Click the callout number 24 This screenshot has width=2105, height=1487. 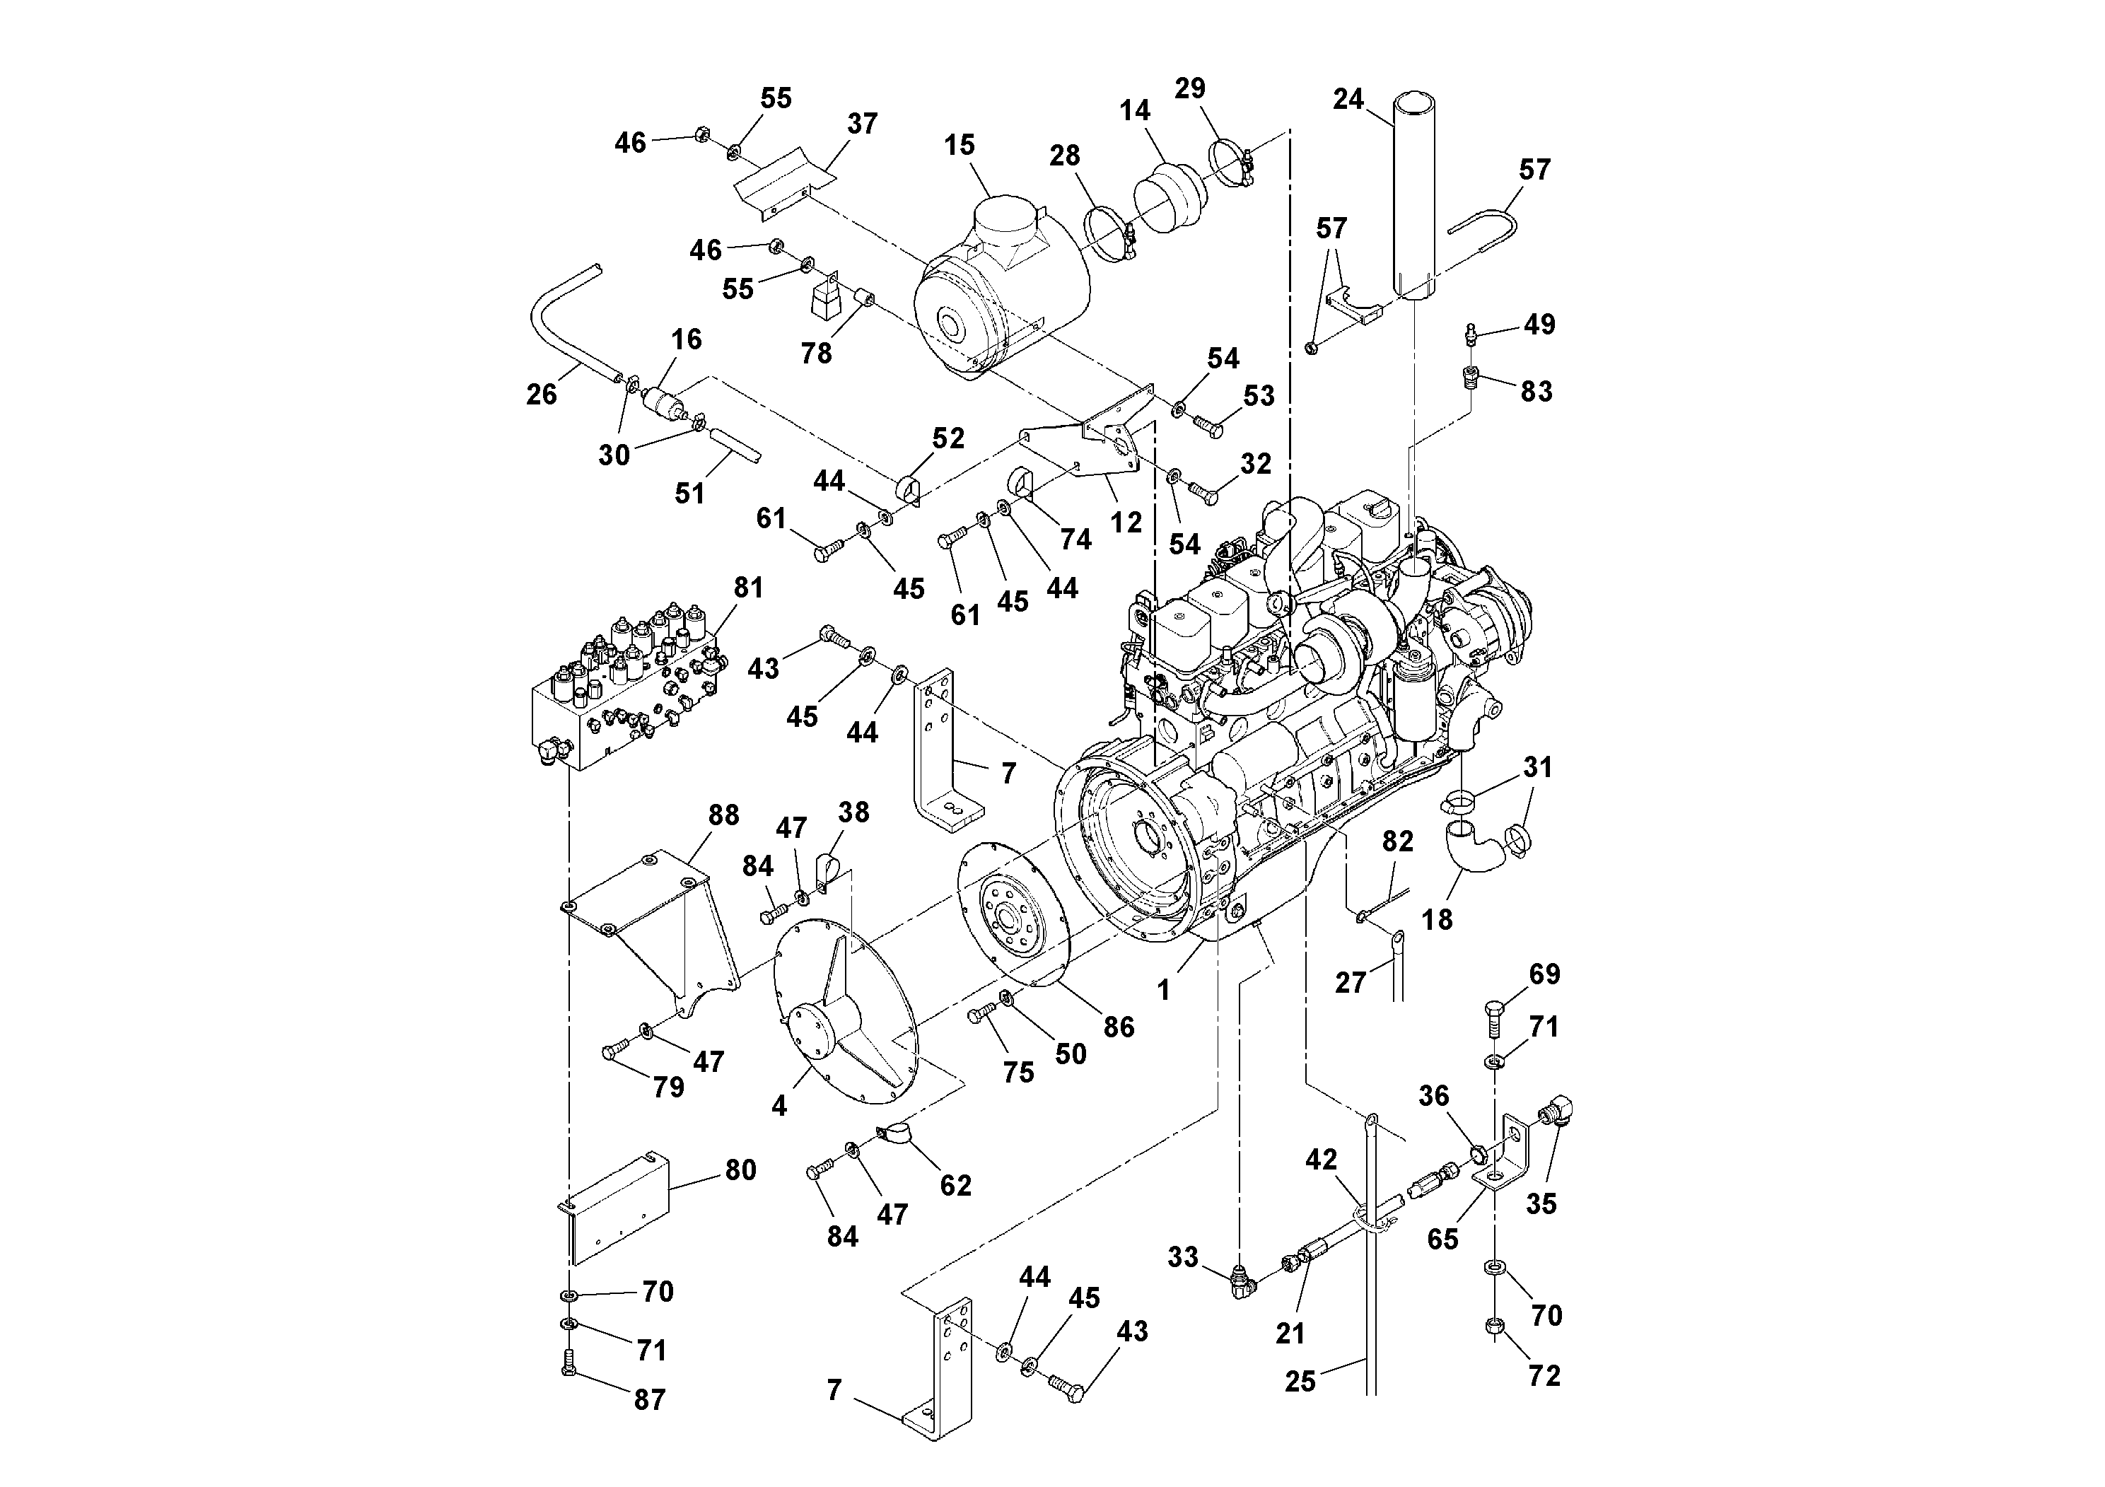click(x=1348, y=99)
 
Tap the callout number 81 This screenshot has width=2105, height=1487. click(x=748, y=588)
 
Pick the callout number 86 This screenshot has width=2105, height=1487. click(x=1119, y=1027)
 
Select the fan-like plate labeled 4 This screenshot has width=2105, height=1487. click(x=848, y=1008)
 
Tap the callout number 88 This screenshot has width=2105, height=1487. click(x=723, y=815)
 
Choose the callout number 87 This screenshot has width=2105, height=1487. click(x=649, y=1400)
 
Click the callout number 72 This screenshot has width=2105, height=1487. click(x=1544, y=1375)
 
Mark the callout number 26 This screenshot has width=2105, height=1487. click(x=541, y=395)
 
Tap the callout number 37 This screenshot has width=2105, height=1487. click(x=862, y=124)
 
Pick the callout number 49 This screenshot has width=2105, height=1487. click(x=1539, y=325)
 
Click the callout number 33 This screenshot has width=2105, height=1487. click(x=1183, y=1257)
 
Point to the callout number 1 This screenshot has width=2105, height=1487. click(x=1163, y=990)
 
